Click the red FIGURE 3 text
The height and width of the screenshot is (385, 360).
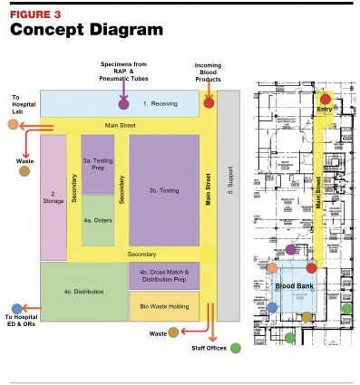35,14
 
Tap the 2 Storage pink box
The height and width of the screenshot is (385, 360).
53,197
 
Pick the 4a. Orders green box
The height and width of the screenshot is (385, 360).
98,220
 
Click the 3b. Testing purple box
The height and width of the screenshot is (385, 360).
163,191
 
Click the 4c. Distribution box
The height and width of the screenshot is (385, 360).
82,292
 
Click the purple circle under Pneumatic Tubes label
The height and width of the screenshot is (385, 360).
123,103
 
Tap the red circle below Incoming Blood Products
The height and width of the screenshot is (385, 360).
209,102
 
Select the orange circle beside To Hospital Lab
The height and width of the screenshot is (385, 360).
12,124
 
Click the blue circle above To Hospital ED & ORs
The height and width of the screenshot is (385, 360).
17,308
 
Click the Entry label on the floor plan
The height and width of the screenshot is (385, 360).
324,109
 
